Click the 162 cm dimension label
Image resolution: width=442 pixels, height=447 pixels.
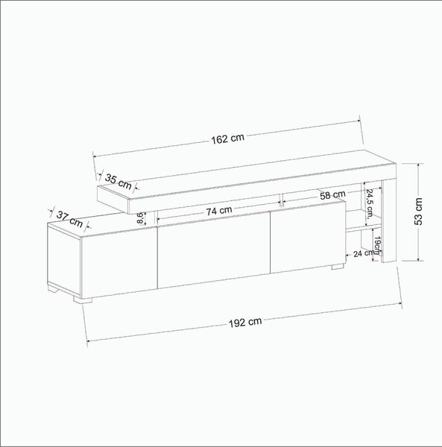pos(228,139)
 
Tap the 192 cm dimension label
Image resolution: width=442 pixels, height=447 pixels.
pos(245,322)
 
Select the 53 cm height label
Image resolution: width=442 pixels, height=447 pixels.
pos(418,212)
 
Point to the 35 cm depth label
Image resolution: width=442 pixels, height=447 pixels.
pos(119,182)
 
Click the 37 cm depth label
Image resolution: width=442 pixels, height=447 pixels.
pos(69,219)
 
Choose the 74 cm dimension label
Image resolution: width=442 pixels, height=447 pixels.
pos(219,212)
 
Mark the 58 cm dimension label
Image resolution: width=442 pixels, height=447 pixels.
pos(332,195)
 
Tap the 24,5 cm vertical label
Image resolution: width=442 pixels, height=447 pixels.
pos(370,203)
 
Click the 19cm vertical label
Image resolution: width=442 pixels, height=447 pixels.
pos(377,245)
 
